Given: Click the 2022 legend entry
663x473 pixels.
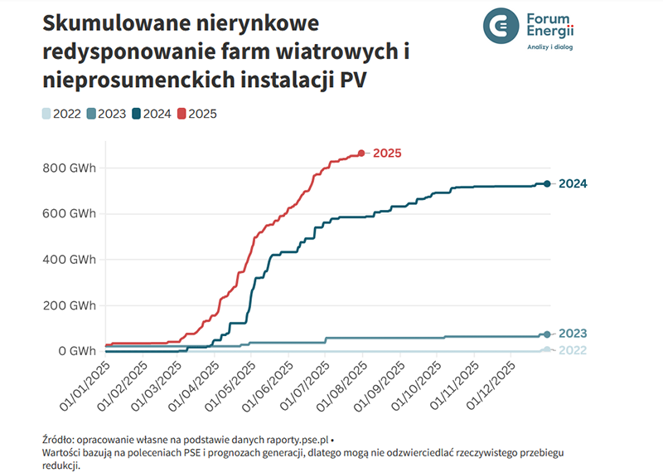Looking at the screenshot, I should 61,114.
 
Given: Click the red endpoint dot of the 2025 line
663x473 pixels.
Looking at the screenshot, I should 361,153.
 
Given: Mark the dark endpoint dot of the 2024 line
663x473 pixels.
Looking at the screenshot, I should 547,183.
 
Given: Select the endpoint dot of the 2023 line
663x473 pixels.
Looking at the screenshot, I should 547,334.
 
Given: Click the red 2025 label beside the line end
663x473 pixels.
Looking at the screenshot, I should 387,153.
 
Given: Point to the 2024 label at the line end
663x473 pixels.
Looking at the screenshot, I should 573,183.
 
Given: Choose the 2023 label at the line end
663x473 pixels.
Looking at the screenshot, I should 573,334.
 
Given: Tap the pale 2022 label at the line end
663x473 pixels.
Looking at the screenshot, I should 573,350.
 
